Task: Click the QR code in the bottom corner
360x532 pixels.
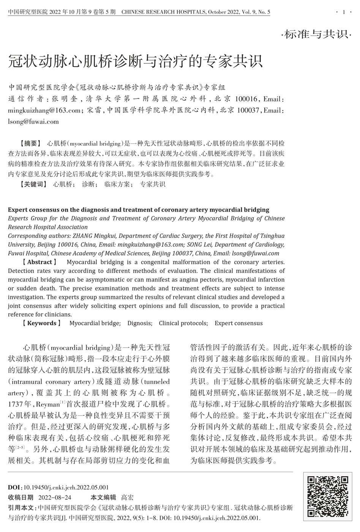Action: click(x=327, y=496)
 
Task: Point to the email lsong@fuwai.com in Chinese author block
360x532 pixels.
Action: click(x=33, y=122)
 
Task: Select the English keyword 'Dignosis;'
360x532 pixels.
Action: click(x=140, y=323)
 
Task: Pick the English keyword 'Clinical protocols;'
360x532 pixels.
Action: click(x=183, y=323)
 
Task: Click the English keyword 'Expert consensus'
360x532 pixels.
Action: click(x=238, y=323)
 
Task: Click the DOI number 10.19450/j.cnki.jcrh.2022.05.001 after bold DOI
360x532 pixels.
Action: click(x=66, y=488)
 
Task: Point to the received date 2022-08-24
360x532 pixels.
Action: click(x=55, y=497)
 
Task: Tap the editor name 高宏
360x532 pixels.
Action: click(x=127, y=497)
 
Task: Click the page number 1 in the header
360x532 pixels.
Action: click(x=344, y=12)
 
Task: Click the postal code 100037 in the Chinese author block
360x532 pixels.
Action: click(x=249, y=111)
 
